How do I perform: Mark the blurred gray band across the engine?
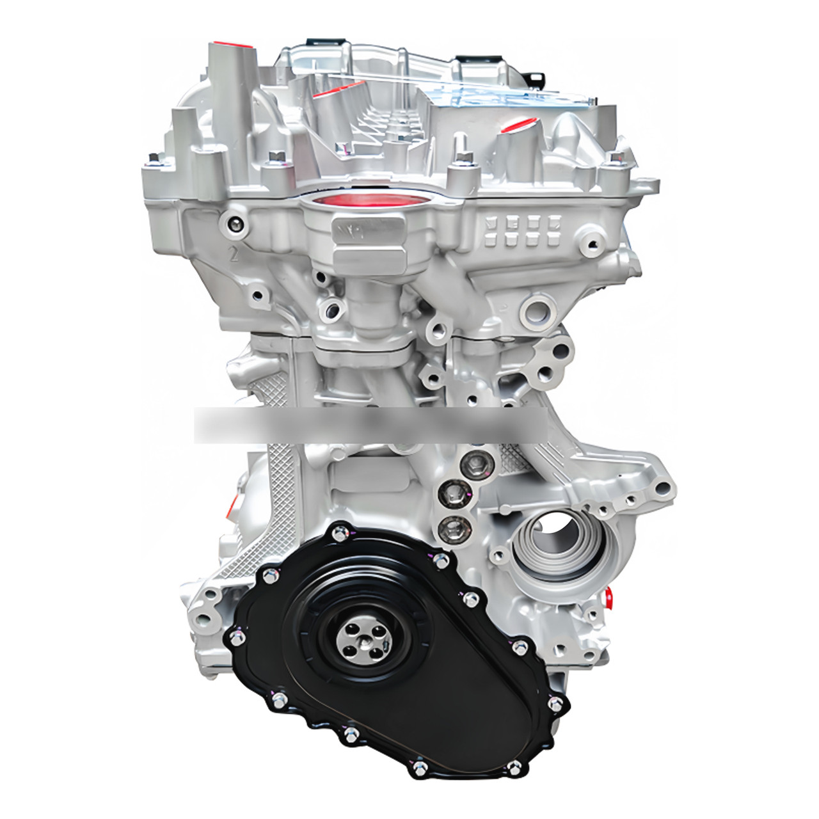371,424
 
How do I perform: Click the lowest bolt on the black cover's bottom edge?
419,767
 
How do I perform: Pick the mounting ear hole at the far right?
663,489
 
